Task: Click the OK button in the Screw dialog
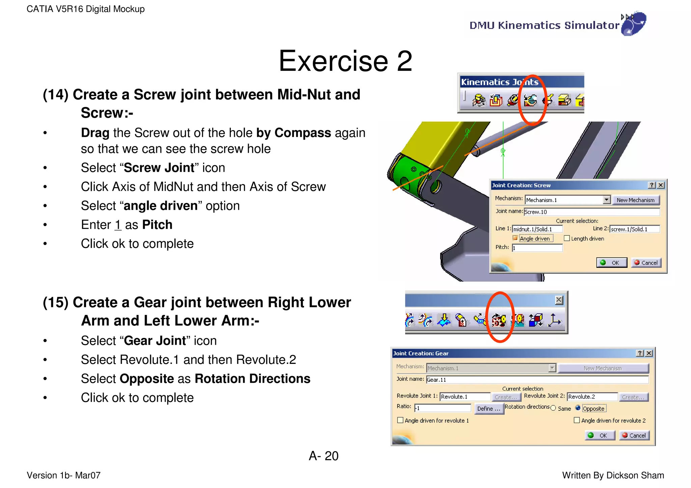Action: click(x=611, y=263)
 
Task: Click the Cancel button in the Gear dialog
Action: click(x=634, y=435)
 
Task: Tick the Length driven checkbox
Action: click(x=567, y=238)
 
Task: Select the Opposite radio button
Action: click(x=578, y=408)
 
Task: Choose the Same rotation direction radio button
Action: click(x=553, y=408)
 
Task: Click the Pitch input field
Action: click(x=537, y=248)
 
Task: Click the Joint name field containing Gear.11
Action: click(x=537, y=380)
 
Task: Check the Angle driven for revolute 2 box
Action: click(x=577, y=420)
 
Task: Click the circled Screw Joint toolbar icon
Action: click(x=530, y=100)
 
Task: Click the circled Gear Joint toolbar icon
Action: click(x=499, y=320)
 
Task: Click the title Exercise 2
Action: click(x=345, y=61)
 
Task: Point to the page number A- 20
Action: click(x=323, y=456)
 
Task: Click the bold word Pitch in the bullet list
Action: click(x=157, y=225)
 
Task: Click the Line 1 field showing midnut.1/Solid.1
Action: click(x=537, y=229)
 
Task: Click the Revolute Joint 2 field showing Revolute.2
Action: click(x=592, y=397)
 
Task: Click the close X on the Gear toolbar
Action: click(x=559, y=300)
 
